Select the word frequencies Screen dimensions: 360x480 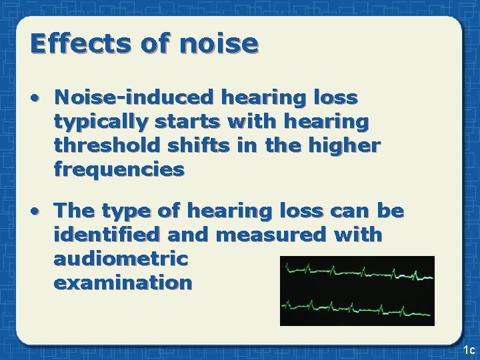click(119, 170)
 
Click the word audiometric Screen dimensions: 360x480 click(121, 259)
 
